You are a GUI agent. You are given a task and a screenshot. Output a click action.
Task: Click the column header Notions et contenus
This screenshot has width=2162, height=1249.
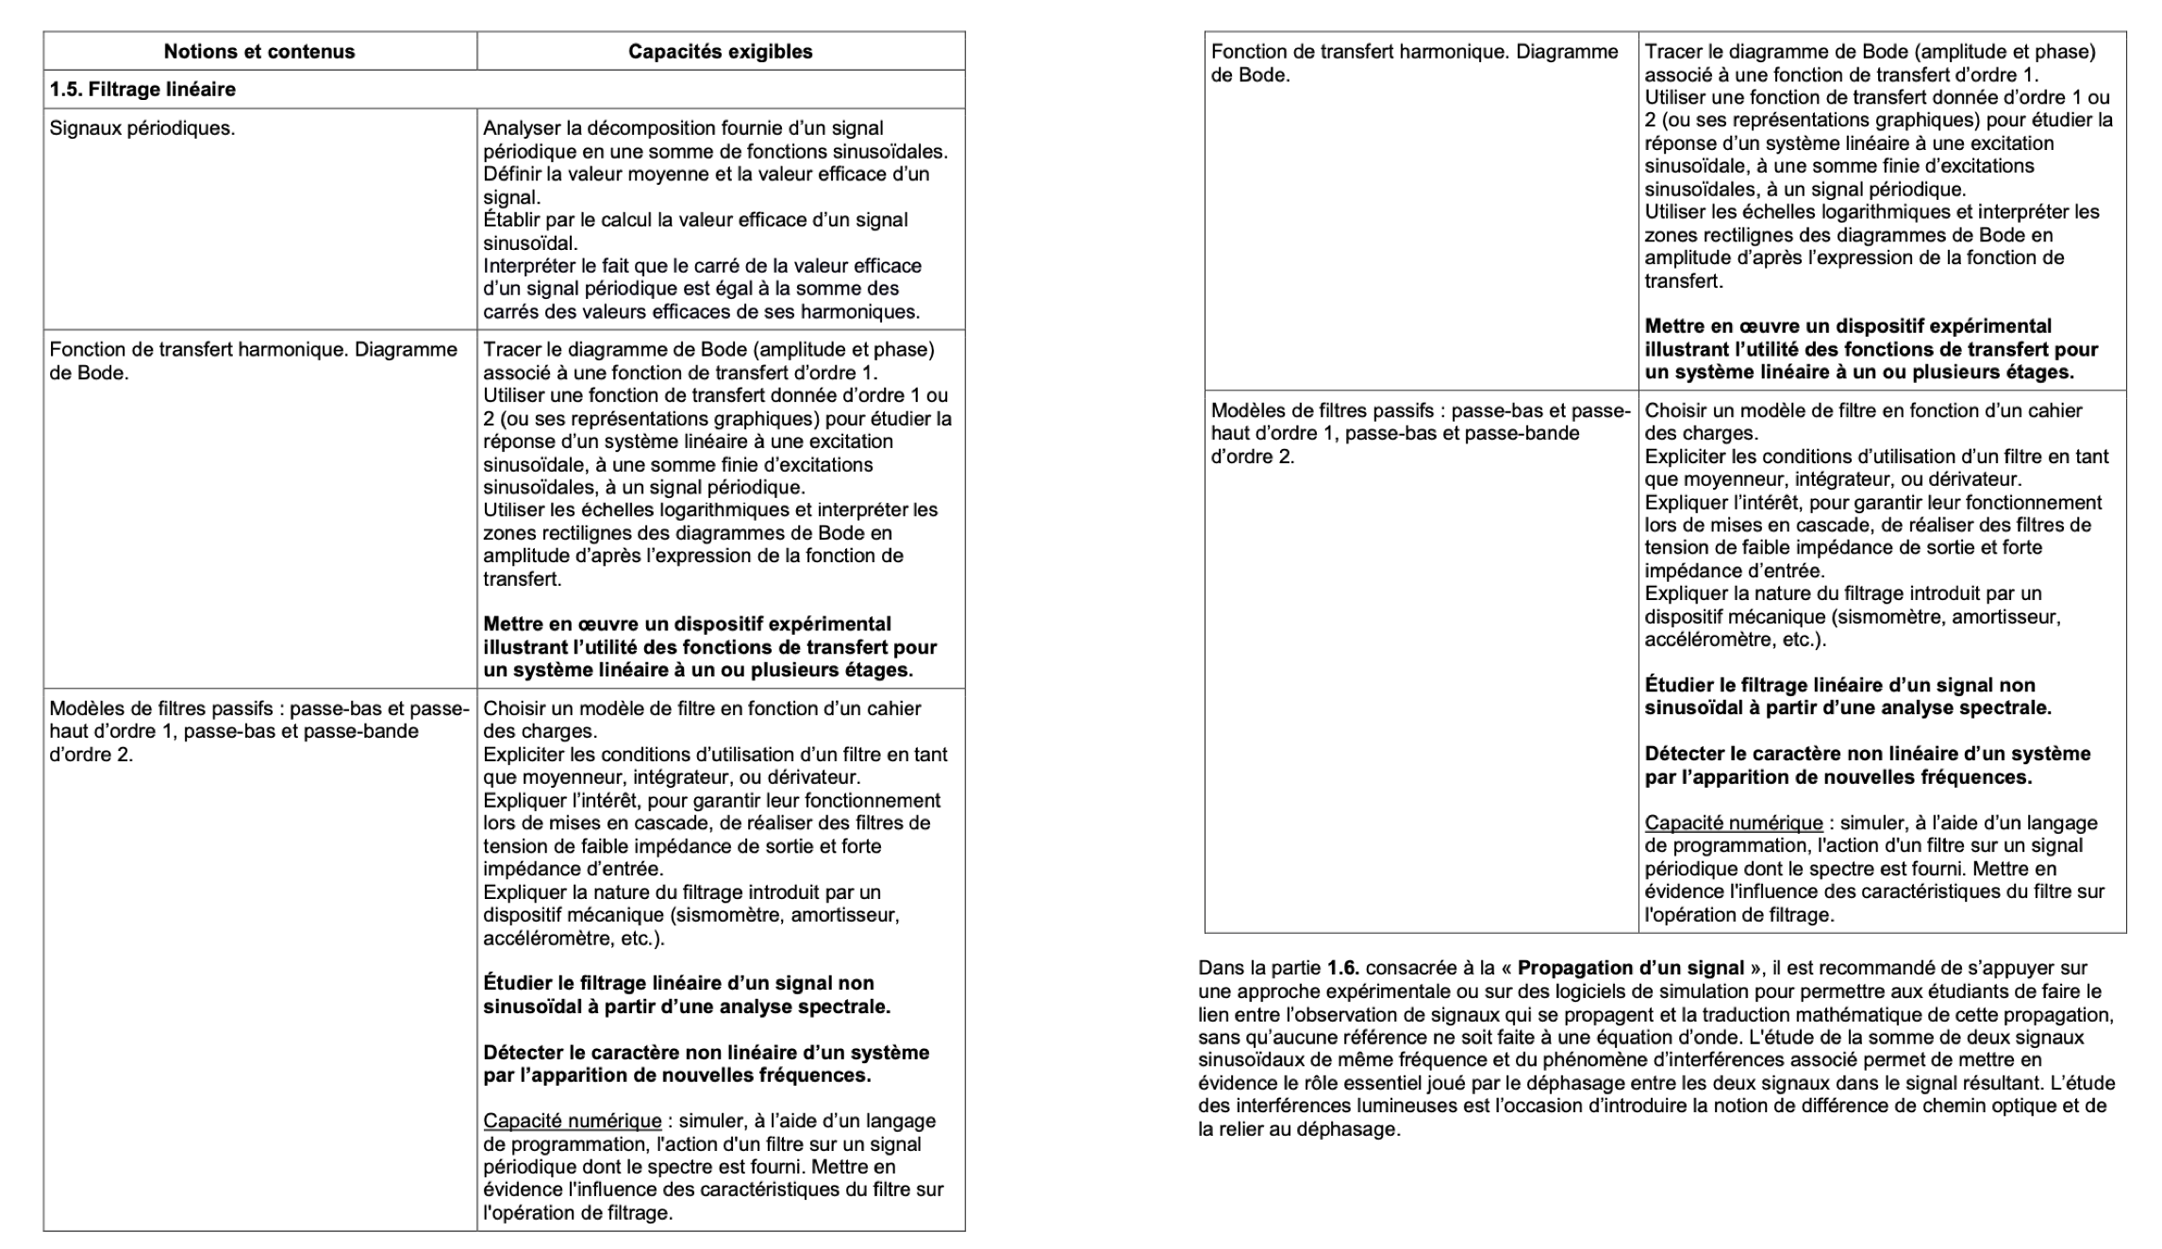(x=259, y=52)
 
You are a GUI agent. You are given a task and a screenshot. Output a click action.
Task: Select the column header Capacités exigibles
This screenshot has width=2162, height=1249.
(x=721, y=52)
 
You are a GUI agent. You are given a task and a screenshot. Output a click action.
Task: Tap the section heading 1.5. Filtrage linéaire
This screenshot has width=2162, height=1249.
(x=142, y=90)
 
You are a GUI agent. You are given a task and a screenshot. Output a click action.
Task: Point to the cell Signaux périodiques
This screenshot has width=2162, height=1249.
(x=142, y=128)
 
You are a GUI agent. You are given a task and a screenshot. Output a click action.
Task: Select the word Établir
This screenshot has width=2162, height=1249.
(x=513, y=220)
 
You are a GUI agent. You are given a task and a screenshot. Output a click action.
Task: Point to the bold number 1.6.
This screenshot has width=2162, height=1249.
(x=1343, y=968)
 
